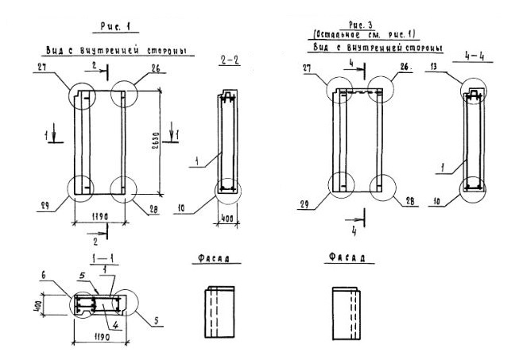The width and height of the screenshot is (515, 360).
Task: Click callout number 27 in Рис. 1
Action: (x=40, y=70)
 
